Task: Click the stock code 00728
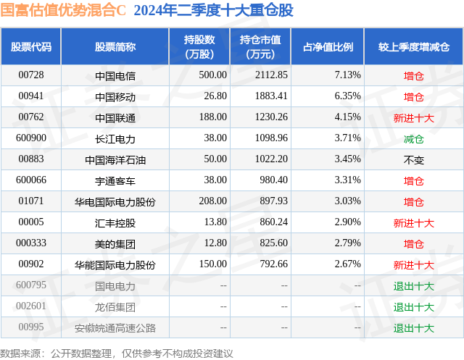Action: [31, 75]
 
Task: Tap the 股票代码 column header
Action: [31, 47]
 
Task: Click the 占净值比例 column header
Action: [327, 47]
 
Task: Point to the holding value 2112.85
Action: [272, 75]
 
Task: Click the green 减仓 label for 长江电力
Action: [413, 138]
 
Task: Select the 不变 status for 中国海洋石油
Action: [413, 159]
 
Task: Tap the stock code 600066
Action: [31, 180]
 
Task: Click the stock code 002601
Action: [31, 306]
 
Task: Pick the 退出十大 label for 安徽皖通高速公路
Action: [413, 327]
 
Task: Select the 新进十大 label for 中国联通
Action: [413, 117]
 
